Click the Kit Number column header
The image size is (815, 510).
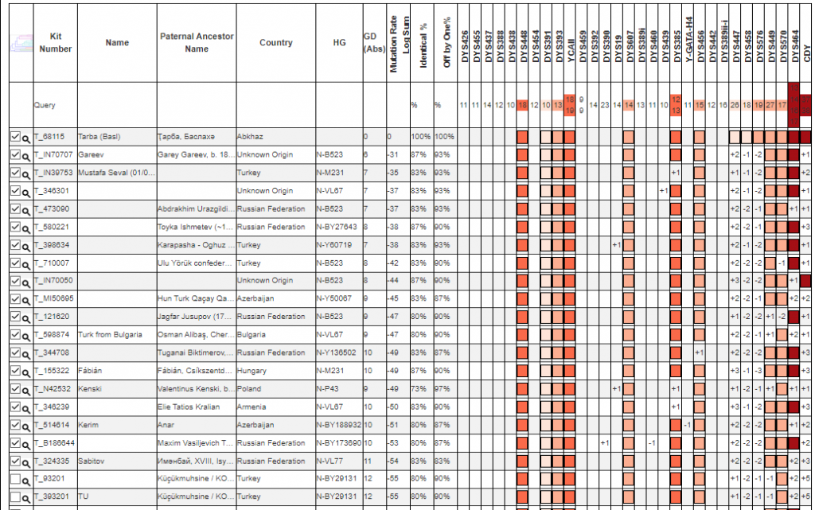click(55, 43)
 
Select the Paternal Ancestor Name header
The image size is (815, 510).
click(197, 43)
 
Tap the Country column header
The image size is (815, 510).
click(275, 43)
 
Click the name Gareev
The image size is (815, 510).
click(90, 154)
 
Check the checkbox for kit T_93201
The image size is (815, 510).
click(15, 478)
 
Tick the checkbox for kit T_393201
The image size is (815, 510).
click(15, 496)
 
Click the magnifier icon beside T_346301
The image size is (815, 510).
click(26, 192)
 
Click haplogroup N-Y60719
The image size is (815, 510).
click(334, 245)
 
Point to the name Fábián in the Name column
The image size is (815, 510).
click(90, 371)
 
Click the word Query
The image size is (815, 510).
click(45, 105)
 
